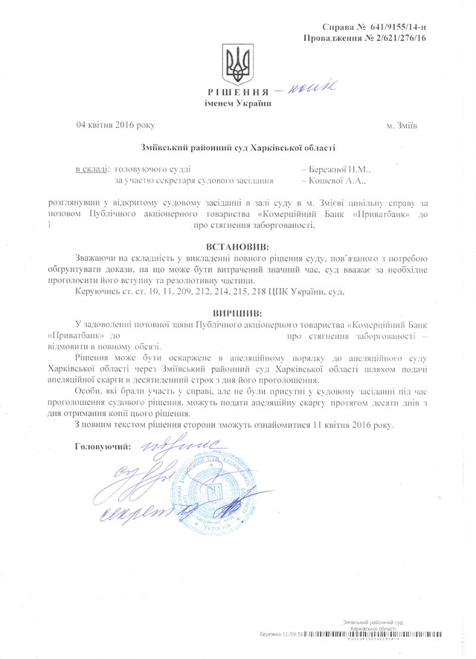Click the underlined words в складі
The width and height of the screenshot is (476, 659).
tap(93, 170)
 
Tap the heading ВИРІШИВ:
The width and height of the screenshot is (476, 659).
tap(238, 314)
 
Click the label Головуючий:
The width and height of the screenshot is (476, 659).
tap(103, 447)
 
